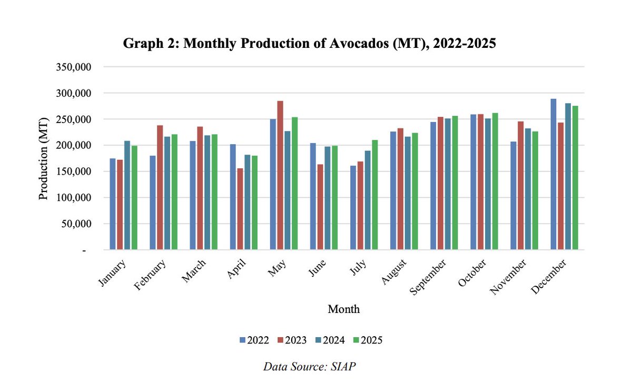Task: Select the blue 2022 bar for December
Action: point(553,174)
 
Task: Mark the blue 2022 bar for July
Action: point(353,208)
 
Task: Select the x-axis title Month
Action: point(343,309)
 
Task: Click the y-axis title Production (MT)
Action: point(44,158)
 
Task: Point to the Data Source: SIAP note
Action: point(309,367)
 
